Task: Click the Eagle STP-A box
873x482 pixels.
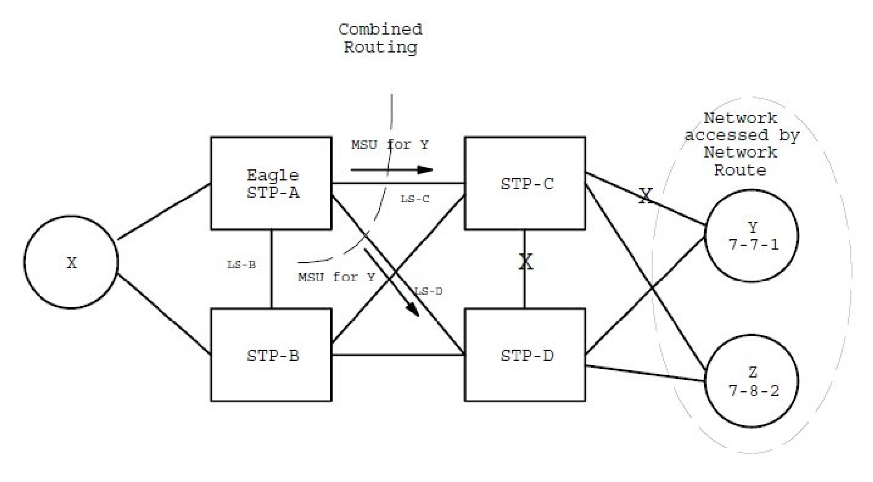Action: pyautogui.click(x=271, y=183)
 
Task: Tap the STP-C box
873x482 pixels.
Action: pyautogui.click(x=525, y=183)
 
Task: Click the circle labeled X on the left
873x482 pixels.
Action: pyautogui.click(x=72, y=263)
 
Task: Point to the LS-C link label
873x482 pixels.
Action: pyautogui.click(x=415, y=198)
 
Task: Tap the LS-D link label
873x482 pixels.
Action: pyautogui.click(x=428, y=291)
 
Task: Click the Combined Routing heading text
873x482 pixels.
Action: pyautogui.click(x=380, y=38)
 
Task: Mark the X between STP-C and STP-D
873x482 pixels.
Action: pyautogui.click(x=526, y=262)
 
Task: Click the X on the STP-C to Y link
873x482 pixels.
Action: pyautogui.click(x=645, y=197)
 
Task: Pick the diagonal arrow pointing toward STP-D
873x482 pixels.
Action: pyautogui.click(x=392, y=282)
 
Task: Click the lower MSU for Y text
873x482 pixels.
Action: pyautogui.click(x=336, y=277)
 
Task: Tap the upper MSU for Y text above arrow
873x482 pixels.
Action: pyautogui.click(x=390, y=146)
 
